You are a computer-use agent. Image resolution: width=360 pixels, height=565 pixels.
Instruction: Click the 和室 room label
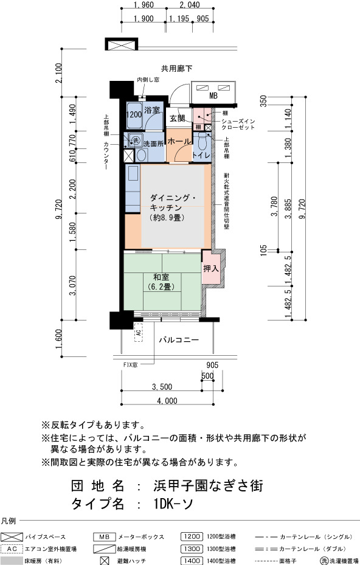[161, 277]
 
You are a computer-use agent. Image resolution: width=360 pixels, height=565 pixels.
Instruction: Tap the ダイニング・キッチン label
[173, 203]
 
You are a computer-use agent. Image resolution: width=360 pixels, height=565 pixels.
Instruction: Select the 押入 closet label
[211, 268]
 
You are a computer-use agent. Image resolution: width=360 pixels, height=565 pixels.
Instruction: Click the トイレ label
[201, 155]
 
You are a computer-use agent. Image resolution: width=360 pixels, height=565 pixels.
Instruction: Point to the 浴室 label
[151, 110]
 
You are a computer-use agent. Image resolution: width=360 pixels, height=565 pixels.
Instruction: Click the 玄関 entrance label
[178, 118]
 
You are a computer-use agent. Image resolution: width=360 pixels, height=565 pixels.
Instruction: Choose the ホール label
[179, 141]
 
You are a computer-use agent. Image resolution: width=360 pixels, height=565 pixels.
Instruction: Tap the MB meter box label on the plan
[213, 96]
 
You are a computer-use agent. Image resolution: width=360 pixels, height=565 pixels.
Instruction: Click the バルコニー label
[179, 340]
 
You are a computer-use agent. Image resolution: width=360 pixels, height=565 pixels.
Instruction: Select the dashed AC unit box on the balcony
[139, 332]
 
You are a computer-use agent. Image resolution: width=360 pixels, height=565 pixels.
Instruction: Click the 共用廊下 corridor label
[176, 69]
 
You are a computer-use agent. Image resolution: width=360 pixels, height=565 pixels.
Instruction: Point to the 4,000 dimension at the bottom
[167, 401]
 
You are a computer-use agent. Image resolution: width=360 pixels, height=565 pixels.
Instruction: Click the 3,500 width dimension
[162, 387]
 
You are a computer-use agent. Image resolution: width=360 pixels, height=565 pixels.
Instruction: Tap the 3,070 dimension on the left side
[72, 285]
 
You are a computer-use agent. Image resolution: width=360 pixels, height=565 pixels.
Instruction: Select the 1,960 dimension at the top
[144, 5]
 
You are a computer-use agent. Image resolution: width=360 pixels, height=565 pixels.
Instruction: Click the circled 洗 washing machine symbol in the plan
[136, 140]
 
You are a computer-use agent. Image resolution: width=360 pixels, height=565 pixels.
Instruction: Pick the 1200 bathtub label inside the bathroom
[134, 115]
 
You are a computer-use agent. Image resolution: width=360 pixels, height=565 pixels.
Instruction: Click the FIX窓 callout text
[131, 365]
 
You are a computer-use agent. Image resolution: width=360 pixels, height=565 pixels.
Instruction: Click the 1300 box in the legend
[192, 549]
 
